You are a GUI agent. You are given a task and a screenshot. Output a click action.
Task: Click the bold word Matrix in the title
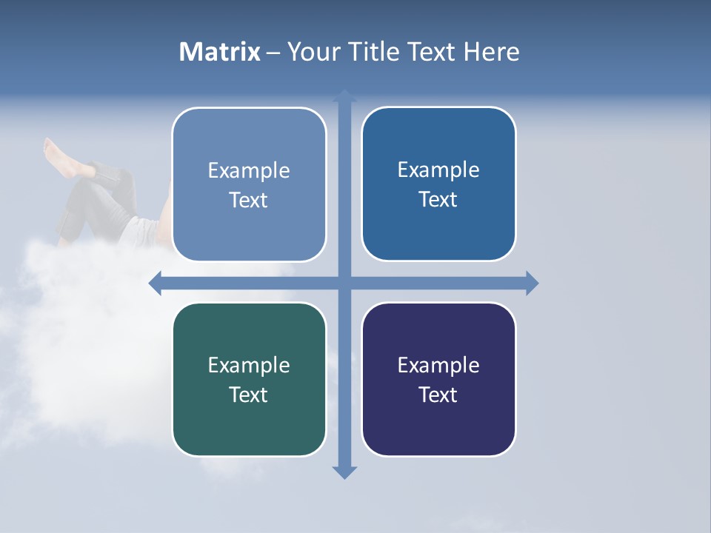coord(220,52)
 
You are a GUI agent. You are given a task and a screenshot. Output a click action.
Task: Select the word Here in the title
coord(492,52)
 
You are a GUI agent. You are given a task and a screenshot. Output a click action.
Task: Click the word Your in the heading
coord(313,52)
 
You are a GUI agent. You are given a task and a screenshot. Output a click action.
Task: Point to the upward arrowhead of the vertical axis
coord(344,95)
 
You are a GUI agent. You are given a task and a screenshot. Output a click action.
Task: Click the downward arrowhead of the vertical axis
coord(344,472)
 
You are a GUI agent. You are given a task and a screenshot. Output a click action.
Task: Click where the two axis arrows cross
coord(344,283)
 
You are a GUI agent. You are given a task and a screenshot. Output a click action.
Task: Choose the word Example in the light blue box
coord(249,170)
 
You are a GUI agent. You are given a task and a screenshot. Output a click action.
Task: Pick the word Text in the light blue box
coord(249,200)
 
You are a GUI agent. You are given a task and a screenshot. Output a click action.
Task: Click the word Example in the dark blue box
coord(438,170)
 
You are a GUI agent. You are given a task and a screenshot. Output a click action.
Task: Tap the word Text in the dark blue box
coord(438,199)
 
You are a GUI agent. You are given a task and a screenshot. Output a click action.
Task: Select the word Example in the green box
coord(249,365)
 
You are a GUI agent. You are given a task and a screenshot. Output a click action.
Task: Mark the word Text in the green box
coord(249,395)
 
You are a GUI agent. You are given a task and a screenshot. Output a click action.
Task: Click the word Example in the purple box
coord(438,365)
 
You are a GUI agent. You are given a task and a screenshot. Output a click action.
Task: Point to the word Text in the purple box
coord(438,395)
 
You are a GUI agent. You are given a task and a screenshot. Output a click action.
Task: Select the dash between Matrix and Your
coord(273,53)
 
